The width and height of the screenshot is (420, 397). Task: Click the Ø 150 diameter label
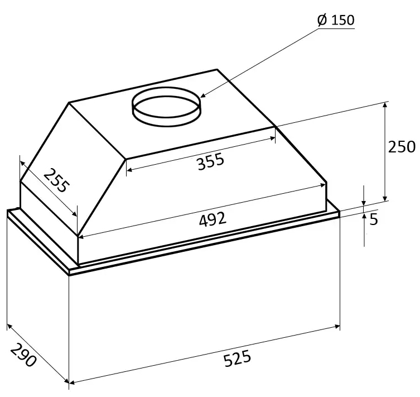click(x=336, y=21)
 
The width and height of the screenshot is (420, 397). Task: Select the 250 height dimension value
click(x=402, y=147)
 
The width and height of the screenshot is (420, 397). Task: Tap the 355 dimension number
click(x=210, y=162)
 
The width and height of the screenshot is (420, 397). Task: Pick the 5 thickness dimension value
click(x=374, y=219)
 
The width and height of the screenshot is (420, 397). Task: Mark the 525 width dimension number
click(x=237, y=358)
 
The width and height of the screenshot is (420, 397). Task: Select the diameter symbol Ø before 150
click(x=322, y=21)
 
